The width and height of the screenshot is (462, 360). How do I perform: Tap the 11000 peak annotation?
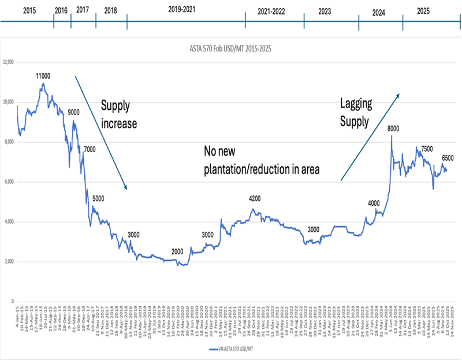click(43, 76)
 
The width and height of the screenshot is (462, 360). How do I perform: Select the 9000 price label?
click(74, 113)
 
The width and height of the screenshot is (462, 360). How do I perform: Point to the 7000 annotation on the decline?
click(90, 150)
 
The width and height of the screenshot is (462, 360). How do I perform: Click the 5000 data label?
click(98, 199)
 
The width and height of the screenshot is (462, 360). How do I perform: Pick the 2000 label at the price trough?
click(177, 252)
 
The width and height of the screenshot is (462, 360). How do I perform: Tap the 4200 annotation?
click(255, 199)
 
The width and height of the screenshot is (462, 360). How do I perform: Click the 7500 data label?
click(427, 149)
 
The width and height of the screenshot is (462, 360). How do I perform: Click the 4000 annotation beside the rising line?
click(374, 203)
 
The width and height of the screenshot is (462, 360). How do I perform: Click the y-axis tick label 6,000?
click(9, 182)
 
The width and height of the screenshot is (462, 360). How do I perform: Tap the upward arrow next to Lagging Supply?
click(370, 137)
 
